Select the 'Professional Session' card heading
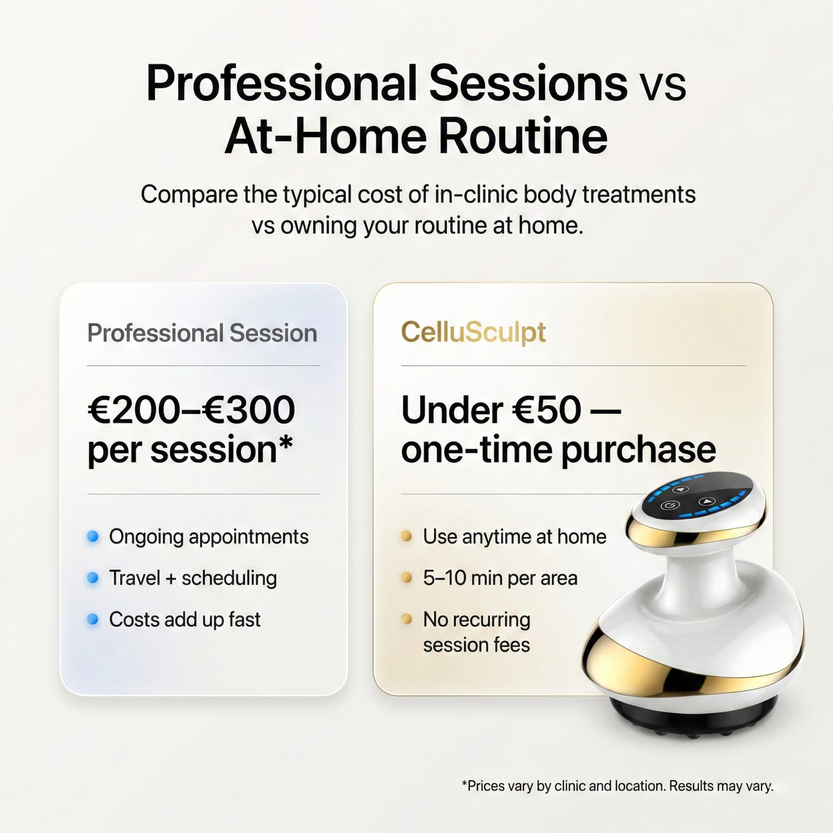202,333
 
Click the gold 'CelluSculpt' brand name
473,333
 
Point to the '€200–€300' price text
191,410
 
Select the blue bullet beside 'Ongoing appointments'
92,537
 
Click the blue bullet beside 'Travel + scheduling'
92,578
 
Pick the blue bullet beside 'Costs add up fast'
92,619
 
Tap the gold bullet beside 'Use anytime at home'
406,537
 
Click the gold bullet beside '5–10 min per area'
406,578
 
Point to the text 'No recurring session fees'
476,632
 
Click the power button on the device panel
669,506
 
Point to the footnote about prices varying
617,786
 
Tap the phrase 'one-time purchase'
558,450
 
